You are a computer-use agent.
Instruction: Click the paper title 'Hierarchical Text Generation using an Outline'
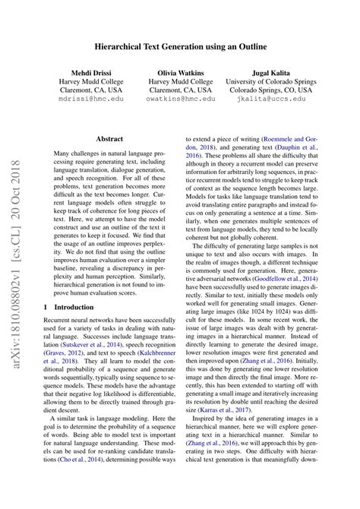(180, 47)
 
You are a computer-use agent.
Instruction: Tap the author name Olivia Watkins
(180, 74)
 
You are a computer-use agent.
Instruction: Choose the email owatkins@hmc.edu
(180, 98)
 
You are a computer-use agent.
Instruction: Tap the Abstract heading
(110, 140)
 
